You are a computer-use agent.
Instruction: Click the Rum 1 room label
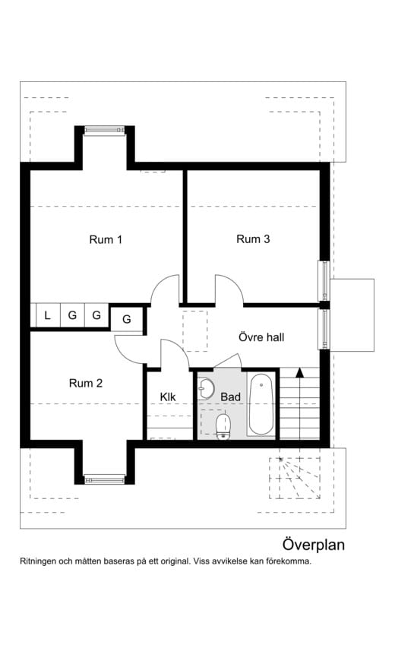point(106,239)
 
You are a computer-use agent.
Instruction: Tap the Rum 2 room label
point(86,383)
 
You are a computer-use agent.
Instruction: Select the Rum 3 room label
point(253,239)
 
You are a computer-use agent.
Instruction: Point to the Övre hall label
point(261,337)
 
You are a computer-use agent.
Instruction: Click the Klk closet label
point(168,397)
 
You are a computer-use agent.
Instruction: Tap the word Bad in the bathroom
point(230,397)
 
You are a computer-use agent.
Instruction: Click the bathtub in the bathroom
point(261,404)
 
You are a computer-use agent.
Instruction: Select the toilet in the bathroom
point(223,425)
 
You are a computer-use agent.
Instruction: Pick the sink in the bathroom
point(205,389)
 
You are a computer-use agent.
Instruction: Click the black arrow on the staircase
point(300,372)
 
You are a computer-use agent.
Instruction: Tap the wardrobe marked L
point(47,316)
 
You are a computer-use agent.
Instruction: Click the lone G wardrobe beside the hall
point(127,319)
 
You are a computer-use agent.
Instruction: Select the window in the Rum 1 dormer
point(104,131)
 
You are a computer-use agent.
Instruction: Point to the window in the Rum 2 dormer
point(104,479)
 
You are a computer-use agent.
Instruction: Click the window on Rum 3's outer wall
point(325,280)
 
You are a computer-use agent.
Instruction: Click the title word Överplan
point(313,545)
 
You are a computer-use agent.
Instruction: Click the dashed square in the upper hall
point(195,331)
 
